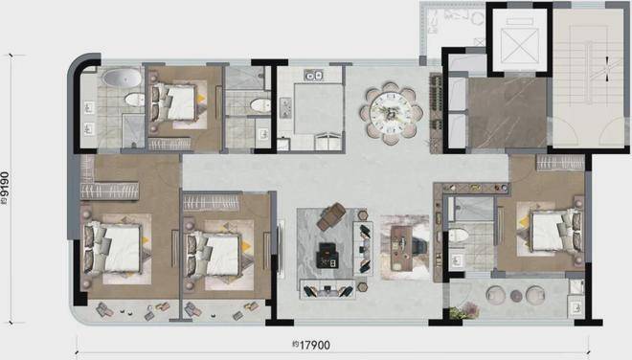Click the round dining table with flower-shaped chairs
pyautogui.click(x=392, y=113)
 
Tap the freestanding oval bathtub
pyautogui.click(x=122, y=78)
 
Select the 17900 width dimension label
pyautogui.click(x=311, y=345)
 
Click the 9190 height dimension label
pyautogui.click(x=5, y=189)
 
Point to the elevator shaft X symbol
pyautogui.click(x=520, y=45)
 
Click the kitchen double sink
pyautogui.click(x=313, y=75)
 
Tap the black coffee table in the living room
pyautogui.click(x=328, y=256)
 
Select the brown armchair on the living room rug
pyautogui.click(x=331, y=217)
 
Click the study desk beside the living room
pyautogui.click(x=401, y=248)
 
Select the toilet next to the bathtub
pyautogui.click(x=134, y=100)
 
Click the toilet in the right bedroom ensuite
pyautogui.click(x=459, y=235)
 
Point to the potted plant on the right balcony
pyautogui.click(x=464, y=311)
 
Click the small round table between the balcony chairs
pyautogui.click(x=516, y=296)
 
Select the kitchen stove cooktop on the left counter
pyautogui.click(x=285, y=107)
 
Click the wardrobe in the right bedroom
pyautogui.click(x=560, y=164)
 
